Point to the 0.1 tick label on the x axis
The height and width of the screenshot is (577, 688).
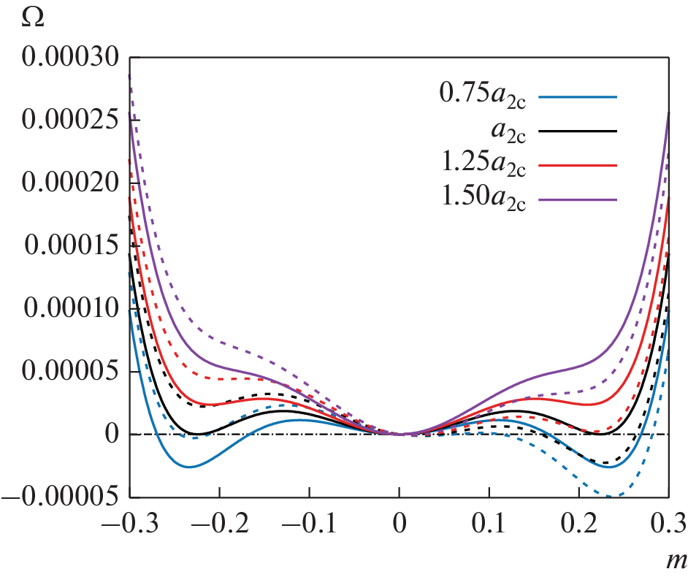coord(489,524)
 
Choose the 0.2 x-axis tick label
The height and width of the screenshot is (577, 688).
coord(578,524)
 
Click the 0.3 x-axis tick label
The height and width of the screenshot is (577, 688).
coord(668,524)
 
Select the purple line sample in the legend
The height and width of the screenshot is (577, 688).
coord(577,199)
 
